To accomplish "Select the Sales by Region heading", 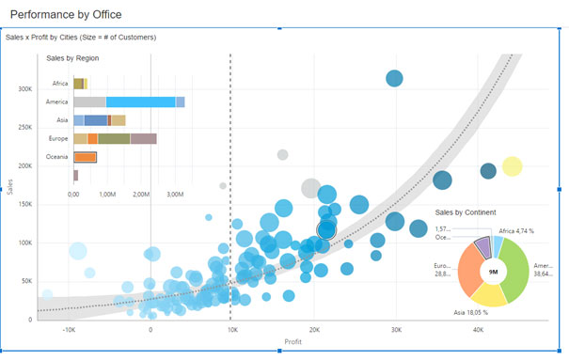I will coord(73,58).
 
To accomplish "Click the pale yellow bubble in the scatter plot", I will coord(512,167).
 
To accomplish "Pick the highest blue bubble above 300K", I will coord(394,79).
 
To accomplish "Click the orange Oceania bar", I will coord(85,157).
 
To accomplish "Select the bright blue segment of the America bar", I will coord(140,102).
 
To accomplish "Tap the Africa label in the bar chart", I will coord(58,84).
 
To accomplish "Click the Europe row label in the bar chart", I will coord(57,139).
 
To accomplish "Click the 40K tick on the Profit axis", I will coord(479,330).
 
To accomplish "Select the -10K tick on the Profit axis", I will coord(69,330).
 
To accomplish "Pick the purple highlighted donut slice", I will coord(482,247).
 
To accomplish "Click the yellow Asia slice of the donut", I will coord(492,293).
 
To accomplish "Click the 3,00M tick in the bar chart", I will coord(175,194).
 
